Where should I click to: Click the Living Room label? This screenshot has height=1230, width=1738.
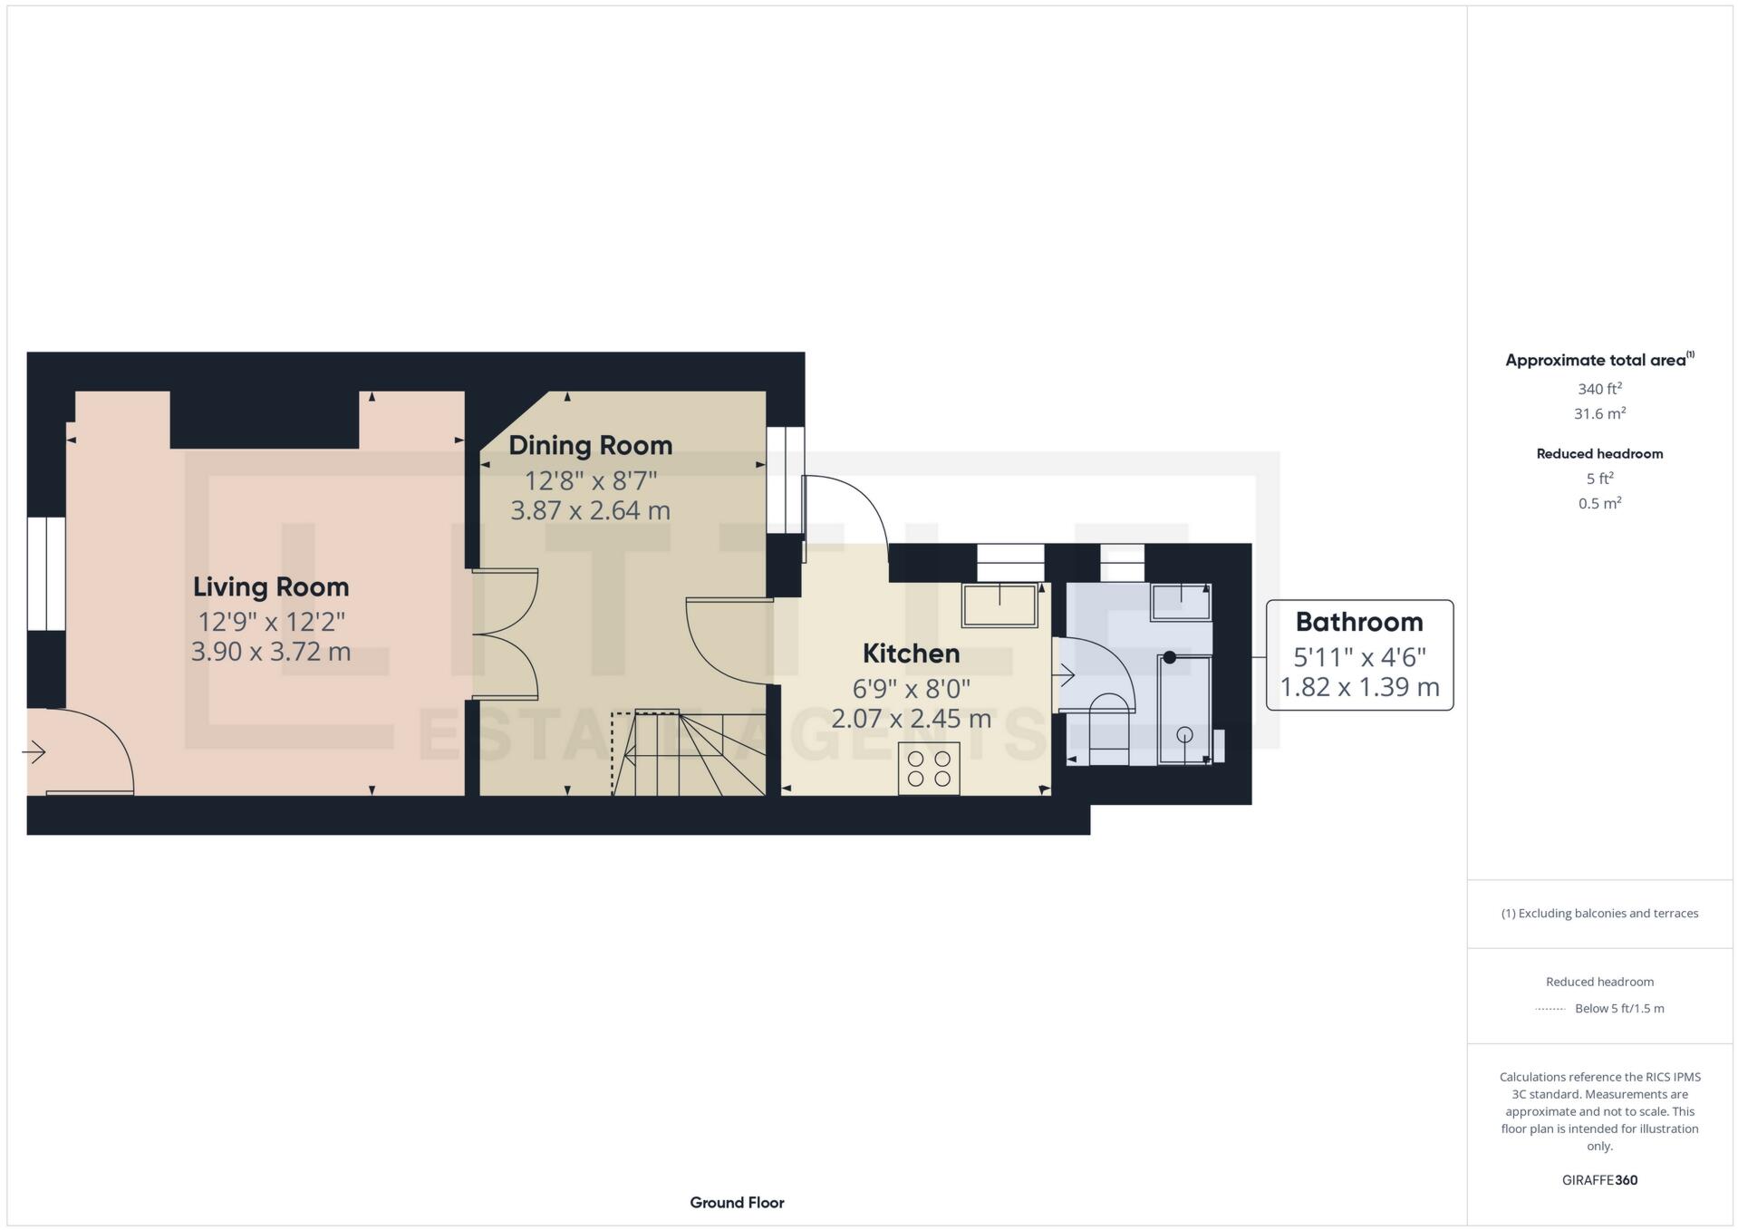pyautogui.click(x=270, y=586)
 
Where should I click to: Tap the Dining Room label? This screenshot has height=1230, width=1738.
pyautogui.click(x=590, y=445)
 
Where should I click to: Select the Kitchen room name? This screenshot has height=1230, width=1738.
pyautogui.click(x=911, y=654)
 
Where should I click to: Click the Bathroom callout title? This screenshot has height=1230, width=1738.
pyautogui.click(x=1358, y=622)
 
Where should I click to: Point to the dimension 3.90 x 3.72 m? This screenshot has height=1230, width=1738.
pyautogui.click(x=270, y=652)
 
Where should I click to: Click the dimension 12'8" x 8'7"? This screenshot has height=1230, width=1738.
pyautogui.click(x=590, y=479)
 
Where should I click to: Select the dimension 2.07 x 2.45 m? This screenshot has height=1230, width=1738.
pyautogui.click(x=911, y=719)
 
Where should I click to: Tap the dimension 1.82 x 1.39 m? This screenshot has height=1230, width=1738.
pyautogui.click(x=1358, y=687)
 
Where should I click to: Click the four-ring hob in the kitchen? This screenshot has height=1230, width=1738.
pyautogui.click(x=929, y=769)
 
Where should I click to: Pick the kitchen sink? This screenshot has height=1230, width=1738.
pyautogui.click(x=999, y=605)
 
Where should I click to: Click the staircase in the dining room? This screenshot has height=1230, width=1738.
pyautogui.click(x=689, y=753)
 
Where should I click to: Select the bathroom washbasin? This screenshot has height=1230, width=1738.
pyautogui.click(x=1181, y=602)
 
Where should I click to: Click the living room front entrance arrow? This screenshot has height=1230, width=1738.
pyautogui.click(x=34, y=751)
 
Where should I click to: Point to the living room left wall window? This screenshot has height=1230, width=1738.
pyautogui.click(x=45, y=573)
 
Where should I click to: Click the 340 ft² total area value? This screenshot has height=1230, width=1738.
pyautogui.click(x=1598, y=389)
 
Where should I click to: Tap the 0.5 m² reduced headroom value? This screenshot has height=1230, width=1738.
pyautogui.click(x=1598, y=503)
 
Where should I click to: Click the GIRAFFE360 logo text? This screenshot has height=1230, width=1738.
pyautogui.click(x=1598, y=1180)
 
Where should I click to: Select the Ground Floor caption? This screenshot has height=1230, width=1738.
pyautogui.click(x=736, y=1203)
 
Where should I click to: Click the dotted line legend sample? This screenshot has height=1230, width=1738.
pyautogui.click(x=1550, y=1009)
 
